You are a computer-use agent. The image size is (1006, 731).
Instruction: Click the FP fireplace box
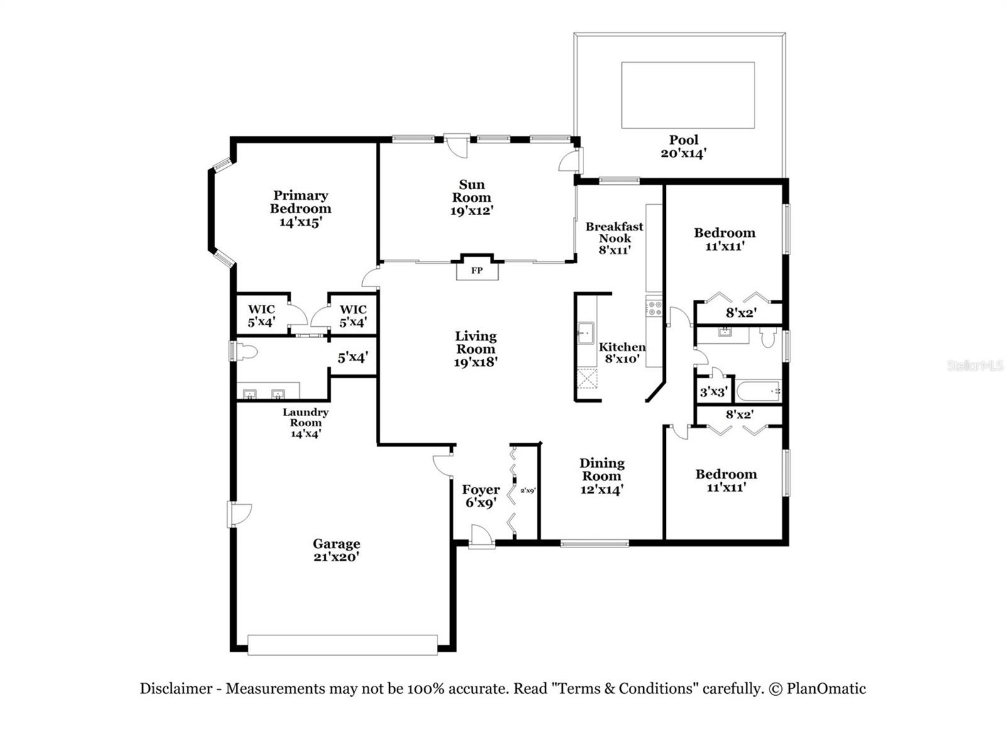(477, 270)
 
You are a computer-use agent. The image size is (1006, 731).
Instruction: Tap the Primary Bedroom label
(301, 202)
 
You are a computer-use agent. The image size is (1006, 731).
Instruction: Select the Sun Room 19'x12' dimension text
(472, 211)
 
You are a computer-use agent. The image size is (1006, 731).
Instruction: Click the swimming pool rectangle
(687, 95)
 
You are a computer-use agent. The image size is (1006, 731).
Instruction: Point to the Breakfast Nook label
(614, 232)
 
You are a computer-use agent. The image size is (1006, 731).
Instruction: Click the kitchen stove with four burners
(654, 308)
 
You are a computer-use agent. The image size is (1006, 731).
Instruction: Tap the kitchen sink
(586, 333)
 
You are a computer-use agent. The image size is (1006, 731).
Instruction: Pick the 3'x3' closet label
(713, 392)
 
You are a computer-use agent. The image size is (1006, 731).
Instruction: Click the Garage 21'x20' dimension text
(336, 558)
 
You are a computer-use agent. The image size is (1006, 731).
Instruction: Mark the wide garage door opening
(342, 645)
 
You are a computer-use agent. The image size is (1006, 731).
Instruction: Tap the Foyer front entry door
(482, 538)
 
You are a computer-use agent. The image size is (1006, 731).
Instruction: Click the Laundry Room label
(305, 417)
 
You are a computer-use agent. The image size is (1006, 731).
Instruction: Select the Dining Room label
(602, 470)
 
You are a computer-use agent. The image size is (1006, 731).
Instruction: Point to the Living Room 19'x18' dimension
(476, 362)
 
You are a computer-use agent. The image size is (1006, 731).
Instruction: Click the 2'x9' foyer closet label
(527, 491)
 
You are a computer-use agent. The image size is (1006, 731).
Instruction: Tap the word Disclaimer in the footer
(176, 688)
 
